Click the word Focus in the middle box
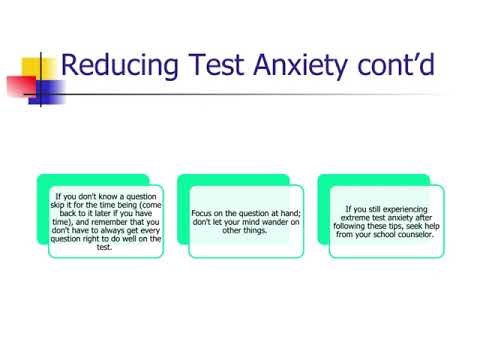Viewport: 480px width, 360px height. coord(203,213)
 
